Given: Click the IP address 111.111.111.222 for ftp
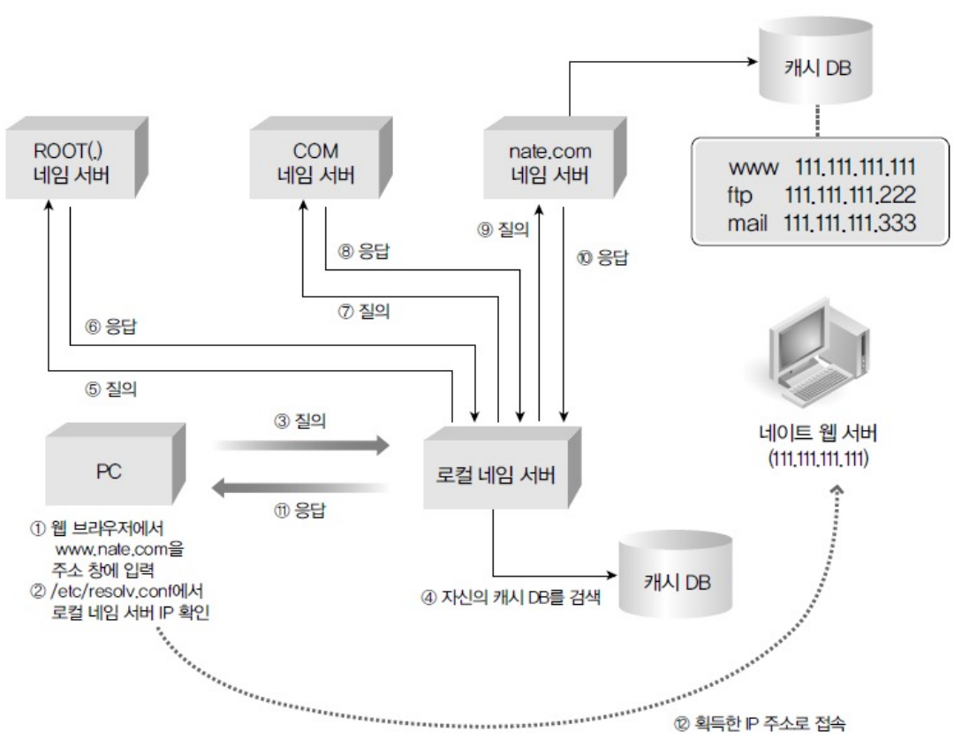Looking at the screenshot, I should (x=849, y=193).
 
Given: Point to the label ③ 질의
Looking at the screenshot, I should (x=300, y=423).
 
